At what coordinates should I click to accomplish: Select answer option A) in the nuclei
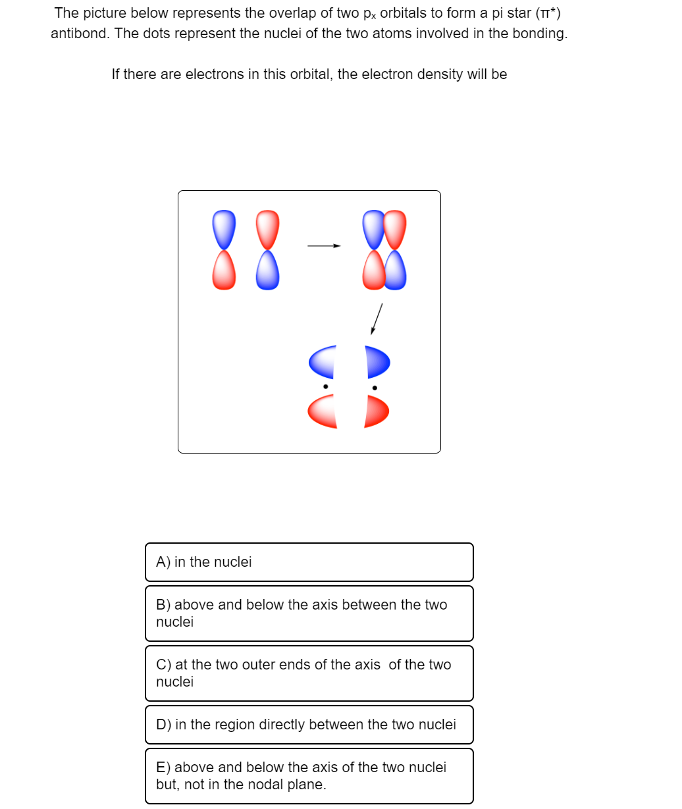[309, 562]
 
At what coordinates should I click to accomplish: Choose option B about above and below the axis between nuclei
[309, 613]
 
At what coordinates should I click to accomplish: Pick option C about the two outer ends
[309, 673]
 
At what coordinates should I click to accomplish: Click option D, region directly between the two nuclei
[309, 725]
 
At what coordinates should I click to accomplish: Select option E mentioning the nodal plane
[309, 775]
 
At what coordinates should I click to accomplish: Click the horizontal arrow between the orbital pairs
[324, 246]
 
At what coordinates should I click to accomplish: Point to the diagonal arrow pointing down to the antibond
[377, 319]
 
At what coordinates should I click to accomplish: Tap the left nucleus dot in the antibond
[325, 387]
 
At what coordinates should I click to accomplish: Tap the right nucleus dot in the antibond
[375, 388]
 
